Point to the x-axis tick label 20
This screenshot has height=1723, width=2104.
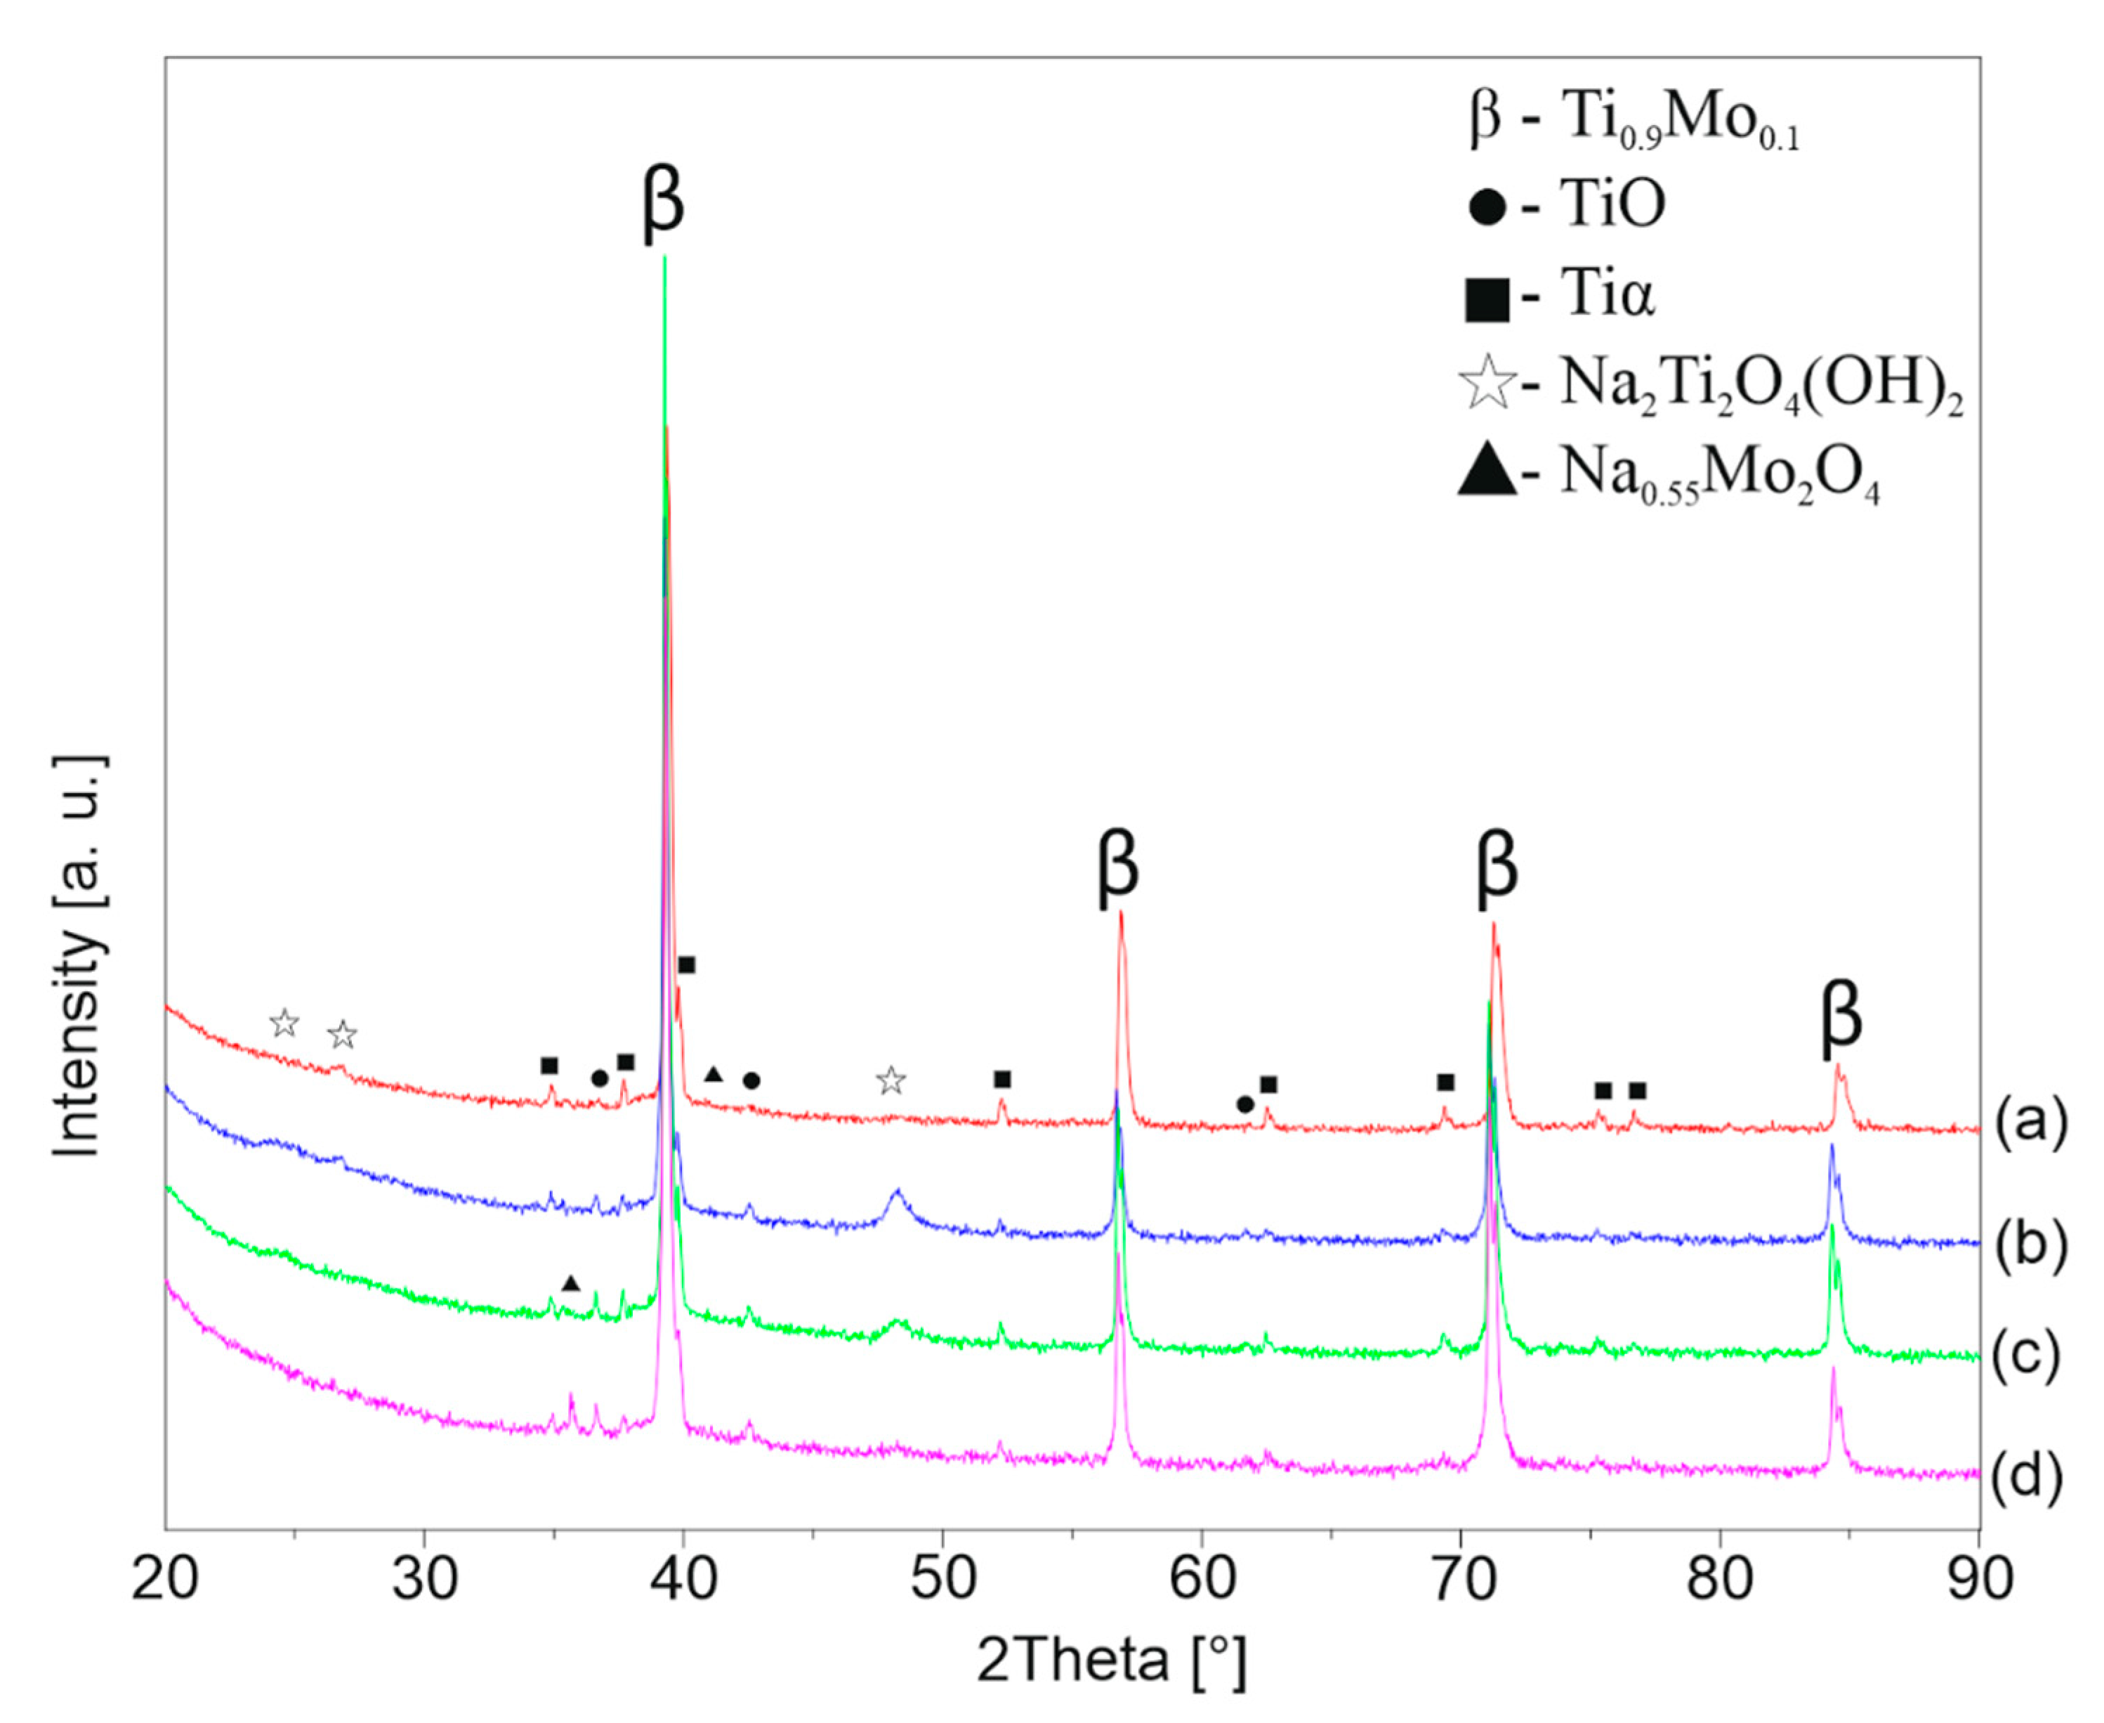coord(165,1580)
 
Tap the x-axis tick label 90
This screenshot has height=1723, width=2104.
coord(1979,1580)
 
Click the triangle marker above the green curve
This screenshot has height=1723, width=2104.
coord(570,1283)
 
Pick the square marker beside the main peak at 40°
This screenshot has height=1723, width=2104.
coord(686,964)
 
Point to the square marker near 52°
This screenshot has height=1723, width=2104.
coord(1002,1079)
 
